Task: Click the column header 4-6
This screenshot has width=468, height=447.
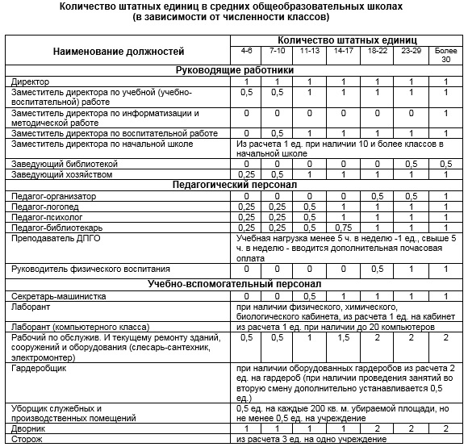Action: point(247,51)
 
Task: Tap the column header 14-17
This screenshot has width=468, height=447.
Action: point(342,51)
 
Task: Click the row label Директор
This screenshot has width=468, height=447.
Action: point(31,82)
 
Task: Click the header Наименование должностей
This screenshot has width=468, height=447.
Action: point(118,51)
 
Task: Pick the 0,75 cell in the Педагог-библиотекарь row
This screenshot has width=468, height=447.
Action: point(342,228)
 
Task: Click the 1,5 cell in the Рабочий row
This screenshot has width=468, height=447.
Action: point(342,337)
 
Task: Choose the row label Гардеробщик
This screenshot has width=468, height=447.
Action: point(36,368)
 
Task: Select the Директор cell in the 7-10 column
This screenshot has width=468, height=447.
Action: point(277,82)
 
